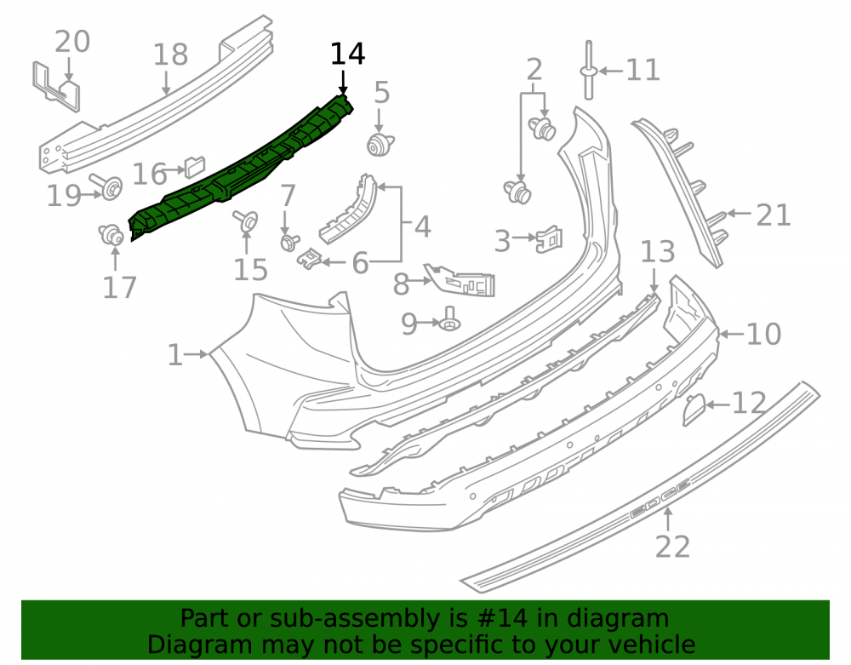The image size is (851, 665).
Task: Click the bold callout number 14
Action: point(348,54)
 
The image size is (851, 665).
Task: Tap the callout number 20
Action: point(72,42)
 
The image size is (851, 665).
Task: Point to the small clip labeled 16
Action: point(195,166)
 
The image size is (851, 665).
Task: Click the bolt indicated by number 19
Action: point(107,186)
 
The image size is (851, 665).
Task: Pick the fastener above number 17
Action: point(111,235)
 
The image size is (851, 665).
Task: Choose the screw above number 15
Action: point(247,221)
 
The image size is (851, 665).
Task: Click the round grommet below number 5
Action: point(380,145)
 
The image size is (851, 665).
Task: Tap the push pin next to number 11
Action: point(589,71)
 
